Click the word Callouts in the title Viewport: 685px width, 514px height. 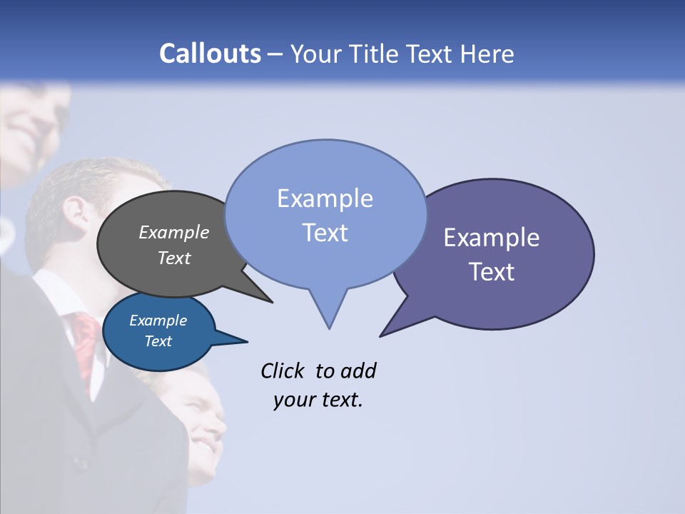coord(210,54)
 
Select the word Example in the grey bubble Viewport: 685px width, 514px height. coord(174,232)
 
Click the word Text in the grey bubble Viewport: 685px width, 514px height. coord(174,258)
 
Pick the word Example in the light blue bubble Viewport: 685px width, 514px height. coord(325,198)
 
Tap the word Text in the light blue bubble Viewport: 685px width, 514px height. coord(325,233)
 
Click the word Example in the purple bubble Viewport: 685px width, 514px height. coord(492,238)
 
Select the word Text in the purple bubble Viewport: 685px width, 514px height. coord(492,272)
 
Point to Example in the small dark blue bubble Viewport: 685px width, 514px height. coord(158,321)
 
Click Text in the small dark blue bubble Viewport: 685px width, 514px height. coord(158,341)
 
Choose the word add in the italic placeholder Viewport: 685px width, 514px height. coord(357,371)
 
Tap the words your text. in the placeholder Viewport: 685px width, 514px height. coord(318,400)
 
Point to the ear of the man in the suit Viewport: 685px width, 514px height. coord(73,211)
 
